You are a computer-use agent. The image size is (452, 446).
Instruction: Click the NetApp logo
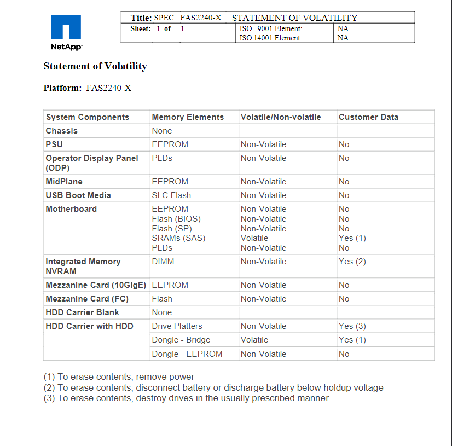pos(66,32)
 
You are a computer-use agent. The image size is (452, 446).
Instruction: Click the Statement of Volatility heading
pos(95,66)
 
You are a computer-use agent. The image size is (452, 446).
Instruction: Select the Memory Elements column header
pos(188,117)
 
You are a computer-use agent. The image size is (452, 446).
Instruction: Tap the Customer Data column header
pos(368,117)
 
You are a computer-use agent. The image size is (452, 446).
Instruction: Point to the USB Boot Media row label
pos(78,195)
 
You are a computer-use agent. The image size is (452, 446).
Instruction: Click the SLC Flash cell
pos(171,195)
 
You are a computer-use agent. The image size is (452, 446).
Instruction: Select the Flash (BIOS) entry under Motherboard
pos(176,219)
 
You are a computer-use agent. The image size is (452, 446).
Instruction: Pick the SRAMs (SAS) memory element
pos(178,238)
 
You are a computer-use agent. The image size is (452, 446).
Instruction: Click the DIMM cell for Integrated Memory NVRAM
pos(163,262)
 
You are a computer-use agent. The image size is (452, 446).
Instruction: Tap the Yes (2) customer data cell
pos(352,262)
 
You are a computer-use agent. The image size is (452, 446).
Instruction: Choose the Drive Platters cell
pos(177,326)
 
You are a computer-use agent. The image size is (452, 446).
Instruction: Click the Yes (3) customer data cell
pos(352,326)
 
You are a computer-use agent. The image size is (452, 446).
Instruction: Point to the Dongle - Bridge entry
pos(181,340)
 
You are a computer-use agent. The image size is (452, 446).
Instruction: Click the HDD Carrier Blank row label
pos(82,312)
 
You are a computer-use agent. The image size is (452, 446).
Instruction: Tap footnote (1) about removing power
pos(119,377)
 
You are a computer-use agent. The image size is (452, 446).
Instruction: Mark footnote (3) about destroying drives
pos(186,398)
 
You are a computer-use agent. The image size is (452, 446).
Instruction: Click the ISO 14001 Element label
pos(271,38)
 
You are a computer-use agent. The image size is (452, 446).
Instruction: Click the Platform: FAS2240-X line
pos(88,88)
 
